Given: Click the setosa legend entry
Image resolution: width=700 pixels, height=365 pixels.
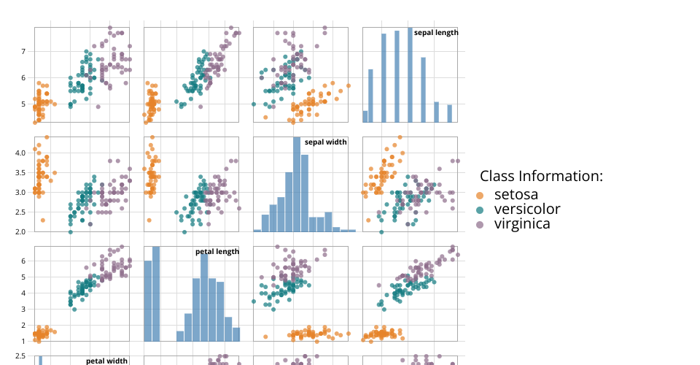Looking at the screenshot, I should click(516, 195).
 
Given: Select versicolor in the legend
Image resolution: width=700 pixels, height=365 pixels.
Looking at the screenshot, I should click(527, 210).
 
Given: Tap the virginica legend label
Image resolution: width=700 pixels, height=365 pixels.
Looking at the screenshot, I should click(522, 224).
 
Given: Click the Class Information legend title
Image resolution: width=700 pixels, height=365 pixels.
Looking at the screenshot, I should click(541, 176).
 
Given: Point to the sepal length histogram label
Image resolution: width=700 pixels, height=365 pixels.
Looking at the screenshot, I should click(436, 32).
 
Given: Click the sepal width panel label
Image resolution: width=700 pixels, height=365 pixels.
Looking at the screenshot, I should click(325, 142).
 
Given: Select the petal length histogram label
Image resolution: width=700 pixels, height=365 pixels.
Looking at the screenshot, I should click(217, 252).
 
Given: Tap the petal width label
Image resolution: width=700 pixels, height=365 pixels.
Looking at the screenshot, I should click(106, 361).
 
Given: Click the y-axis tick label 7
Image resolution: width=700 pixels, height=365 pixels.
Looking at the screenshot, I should click(24, 51).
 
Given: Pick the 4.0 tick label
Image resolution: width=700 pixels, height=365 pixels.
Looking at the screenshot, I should click(20, 152).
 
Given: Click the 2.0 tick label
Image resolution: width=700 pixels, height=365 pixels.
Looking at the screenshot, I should click(20, 231).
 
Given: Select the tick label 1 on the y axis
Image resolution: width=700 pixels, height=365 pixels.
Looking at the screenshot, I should click(24, 341).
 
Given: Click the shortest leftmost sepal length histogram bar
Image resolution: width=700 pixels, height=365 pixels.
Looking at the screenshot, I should click(365, 116).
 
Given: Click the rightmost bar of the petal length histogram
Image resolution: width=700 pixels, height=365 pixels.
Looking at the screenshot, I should click(236, 334).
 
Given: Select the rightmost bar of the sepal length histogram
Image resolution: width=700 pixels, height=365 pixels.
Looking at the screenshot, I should click(450, 113).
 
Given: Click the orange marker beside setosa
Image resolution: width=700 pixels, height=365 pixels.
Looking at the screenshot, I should click(480, 196).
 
